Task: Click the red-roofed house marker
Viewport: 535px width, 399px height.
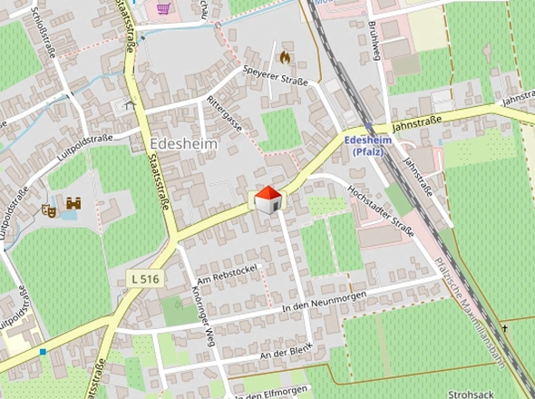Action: [x=267, y=199]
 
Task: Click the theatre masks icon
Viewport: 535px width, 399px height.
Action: [x=50, y=209]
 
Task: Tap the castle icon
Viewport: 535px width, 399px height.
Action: [x=73, y=204]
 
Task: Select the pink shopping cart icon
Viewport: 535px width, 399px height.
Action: [x=163, y=8]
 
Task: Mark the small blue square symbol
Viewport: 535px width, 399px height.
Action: [x=43, y=351]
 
